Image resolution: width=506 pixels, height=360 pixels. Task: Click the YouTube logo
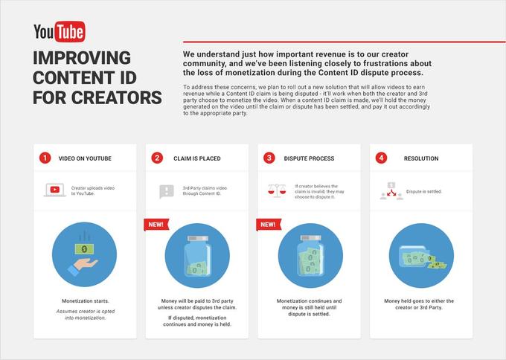(x=60, y=31)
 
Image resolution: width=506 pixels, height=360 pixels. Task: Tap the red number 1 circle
(x=45, y=158)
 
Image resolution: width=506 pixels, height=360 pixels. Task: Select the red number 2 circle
(x=157, y=158)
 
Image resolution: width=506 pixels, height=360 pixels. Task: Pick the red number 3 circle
(x=269, y=158)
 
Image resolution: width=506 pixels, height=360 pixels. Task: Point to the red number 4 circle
(x=381, y=158)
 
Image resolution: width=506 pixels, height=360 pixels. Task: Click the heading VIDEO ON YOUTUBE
(x=86, y=158)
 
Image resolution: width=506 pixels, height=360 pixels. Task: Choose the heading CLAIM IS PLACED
(x=196, y=158)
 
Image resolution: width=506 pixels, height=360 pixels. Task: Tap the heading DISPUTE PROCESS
(x=310, y=158)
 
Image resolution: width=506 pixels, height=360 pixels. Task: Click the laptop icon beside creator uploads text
(x=55, y=190)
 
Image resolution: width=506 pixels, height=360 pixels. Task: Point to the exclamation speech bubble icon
(x=167, y=191)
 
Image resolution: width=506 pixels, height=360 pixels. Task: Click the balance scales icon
(x=278, y=190)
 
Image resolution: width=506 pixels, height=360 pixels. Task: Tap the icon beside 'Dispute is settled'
(x=391, y=190)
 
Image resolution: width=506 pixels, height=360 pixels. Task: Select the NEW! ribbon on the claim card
(x=156, y=224)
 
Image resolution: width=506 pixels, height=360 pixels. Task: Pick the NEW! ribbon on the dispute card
(x=268, y=224)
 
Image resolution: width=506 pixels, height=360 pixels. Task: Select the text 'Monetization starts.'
(x=85, y=300)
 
